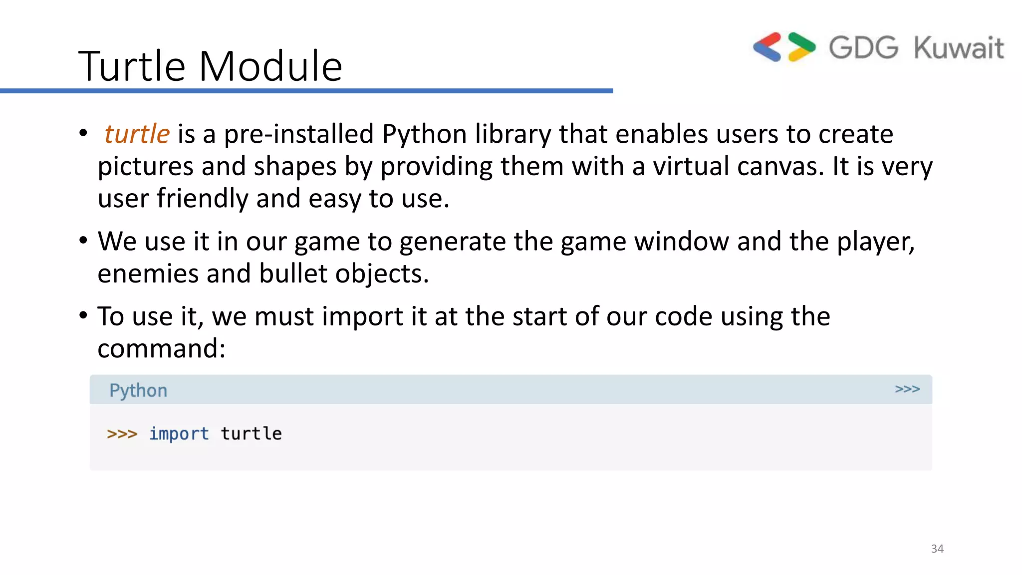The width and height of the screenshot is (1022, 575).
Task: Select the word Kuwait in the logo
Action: (x=959, y=48)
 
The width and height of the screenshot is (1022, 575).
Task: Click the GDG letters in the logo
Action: (x=863, y=48)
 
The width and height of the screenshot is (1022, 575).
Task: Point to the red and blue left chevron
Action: (x=767, y=47)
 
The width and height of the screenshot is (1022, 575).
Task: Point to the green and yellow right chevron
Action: (x=801, y=47)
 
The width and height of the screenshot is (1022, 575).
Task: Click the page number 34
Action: (x=937, y=549)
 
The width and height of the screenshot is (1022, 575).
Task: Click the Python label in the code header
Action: (x=138, y=390)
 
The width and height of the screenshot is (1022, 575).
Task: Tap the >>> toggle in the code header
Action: (x=907, y=389)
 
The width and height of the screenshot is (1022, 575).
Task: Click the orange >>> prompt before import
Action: (x=122, y=434)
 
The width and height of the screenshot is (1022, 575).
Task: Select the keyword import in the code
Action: (x=179, y=434)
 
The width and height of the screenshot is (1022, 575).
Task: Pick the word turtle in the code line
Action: (x=251, y=433)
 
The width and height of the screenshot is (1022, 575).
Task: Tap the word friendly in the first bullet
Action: (x=202, y=198)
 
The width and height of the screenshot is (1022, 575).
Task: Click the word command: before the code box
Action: (x=161, y=348)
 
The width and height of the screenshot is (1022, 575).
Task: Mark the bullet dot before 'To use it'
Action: (x=83, y=315)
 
